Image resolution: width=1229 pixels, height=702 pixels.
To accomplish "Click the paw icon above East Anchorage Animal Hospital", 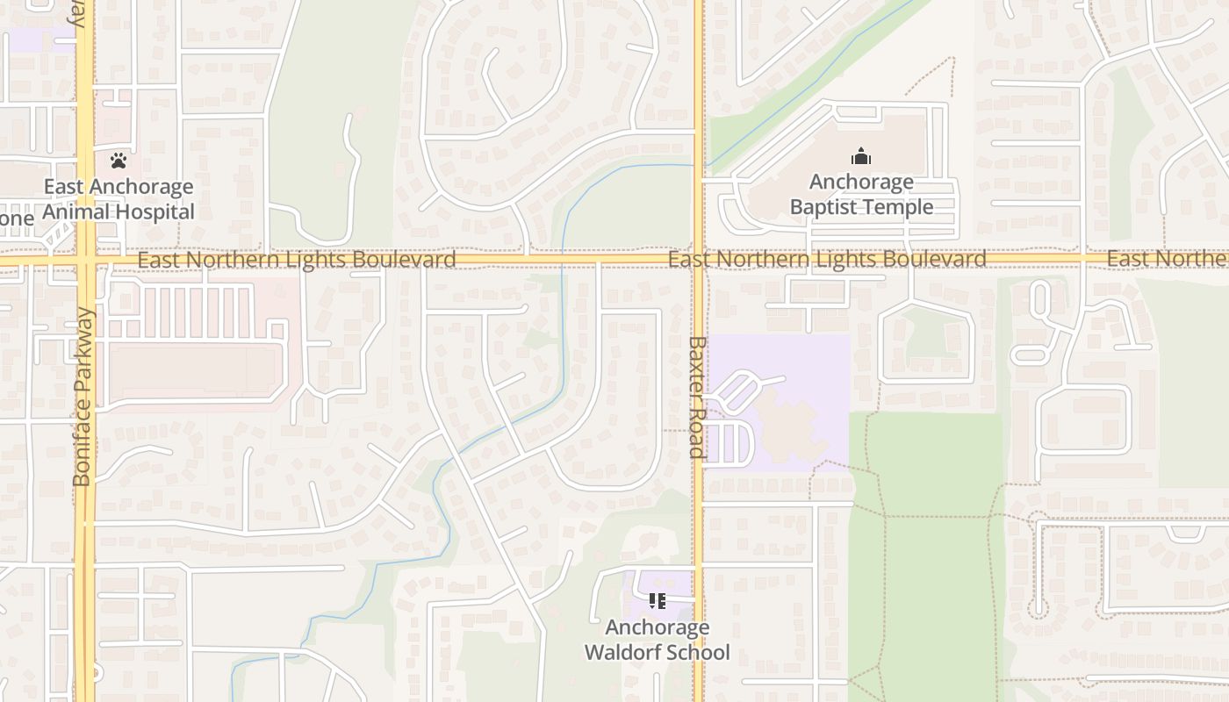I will [x=119, y=161].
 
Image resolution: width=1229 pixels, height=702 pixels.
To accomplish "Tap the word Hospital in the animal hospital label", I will [x=155, y=212].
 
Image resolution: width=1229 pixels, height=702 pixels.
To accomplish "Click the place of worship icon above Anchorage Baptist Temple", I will [x=861, y=157].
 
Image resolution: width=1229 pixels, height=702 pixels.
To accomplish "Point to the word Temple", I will [x=897, y=207].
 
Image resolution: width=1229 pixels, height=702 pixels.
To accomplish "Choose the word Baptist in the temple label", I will [x=824, y=207].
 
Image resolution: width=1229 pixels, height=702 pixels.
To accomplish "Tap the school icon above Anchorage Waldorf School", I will [x=657, y=601].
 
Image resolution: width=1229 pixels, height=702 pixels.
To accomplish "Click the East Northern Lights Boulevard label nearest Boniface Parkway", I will [x=297, y=260].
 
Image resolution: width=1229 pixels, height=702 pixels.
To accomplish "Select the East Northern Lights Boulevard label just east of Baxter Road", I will [x=827, y=260].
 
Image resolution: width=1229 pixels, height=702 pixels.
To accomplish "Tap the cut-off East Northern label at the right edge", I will [x=1168, y=259].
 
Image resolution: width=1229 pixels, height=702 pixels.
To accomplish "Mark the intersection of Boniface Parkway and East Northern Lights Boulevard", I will [x=85, y=260].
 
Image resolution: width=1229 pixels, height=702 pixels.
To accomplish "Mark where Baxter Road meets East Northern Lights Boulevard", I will [x=698, y=260].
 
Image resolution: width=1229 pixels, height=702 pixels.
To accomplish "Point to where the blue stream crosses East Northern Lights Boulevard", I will [x=562, y=260].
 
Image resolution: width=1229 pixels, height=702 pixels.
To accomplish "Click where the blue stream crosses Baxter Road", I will [x=698, y=165].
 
